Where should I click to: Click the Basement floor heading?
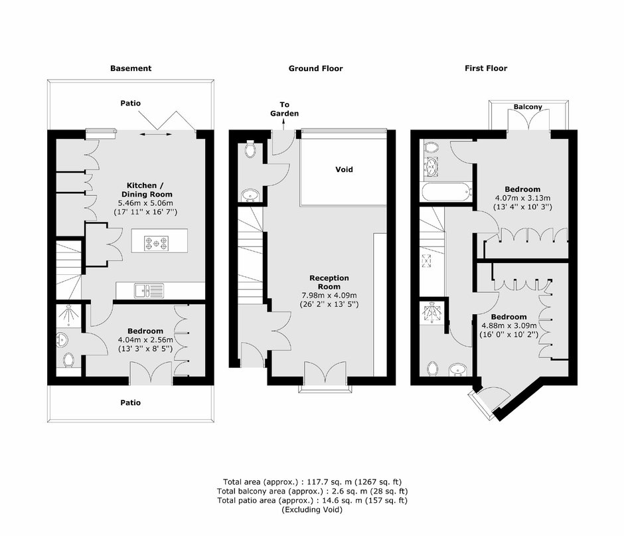tap(131, 68)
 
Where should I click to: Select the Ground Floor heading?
tap(315, 68)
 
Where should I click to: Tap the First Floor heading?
tap(486, 68)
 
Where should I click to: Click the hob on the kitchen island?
tap(156, 243)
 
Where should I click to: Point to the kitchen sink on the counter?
tap(149, 291)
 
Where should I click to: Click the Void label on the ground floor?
tap(344, 169)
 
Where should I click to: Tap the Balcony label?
tap(528, 107)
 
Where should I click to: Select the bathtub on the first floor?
tap(446, 193)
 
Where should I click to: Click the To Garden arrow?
tap(283, 125)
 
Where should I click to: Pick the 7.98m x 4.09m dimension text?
tap(329, 296)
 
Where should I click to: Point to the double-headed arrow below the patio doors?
tap(155, 135)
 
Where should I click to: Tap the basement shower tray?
tap(68, 315)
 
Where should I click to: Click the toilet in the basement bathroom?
tap(68, 361)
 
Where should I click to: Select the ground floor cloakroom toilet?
tap(251, 149)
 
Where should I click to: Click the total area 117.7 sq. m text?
tap(312, 482)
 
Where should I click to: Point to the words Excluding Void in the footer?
tap(312, 509)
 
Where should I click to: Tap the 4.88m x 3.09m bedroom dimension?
tap(508, 325)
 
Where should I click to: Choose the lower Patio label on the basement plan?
tap(131, 402)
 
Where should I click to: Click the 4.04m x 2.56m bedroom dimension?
tap(145, 339)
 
